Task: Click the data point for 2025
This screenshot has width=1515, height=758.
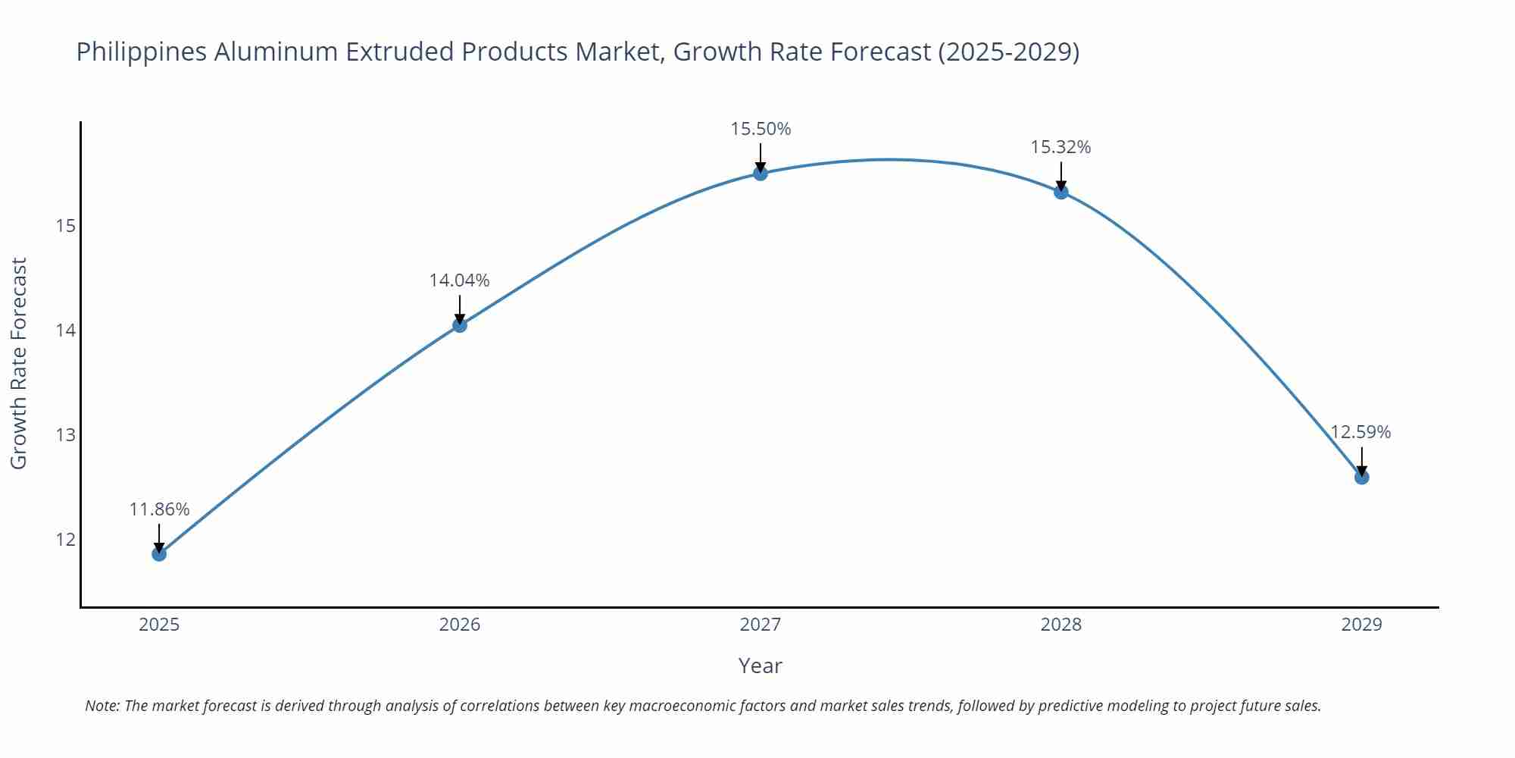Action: click(x=159, y=554)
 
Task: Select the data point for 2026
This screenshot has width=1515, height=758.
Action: click(x=460, y=325)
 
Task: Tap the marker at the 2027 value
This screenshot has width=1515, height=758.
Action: click(x=761, y=174)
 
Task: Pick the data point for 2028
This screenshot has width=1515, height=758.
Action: click(x=1061, y=192)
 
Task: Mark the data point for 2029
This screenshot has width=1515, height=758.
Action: click(x=1361, y=477)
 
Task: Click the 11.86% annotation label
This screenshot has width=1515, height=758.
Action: click(x=159, y=509)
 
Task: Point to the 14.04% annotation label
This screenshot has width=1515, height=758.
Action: click(x=460, y=280)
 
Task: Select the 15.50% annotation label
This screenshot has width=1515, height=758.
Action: click(x=761, y=129)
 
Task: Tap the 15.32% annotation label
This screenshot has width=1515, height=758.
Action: click(x=1060, y=147)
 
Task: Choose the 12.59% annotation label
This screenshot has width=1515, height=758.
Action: click(x=1360, y=432)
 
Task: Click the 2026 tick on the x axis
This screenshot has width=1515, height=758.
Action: click(x=460, y=625)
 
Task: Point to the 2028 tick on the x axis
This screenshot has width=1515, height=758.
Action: click(x=1061, y=625)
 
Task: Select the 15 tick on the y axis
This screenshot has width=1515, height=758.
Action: click(x=65, y=226)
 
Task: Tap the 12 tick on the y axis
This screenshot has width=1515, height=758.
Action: click(x=65, y=540)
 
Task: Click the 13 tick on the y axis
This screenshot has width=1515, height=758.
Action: click(x=65, y=435)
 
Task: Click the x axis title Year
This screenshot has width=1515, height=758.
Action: click(x=760, y=666)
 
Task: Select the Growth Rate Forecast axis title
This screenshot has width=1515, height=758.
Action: click(x=19, y=363)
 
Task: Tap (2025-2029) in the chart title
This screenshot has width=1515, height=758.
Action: click(x=1008, y=52)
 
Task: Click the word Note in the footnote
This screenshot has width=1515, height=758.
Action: click(x=102, y=706)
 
